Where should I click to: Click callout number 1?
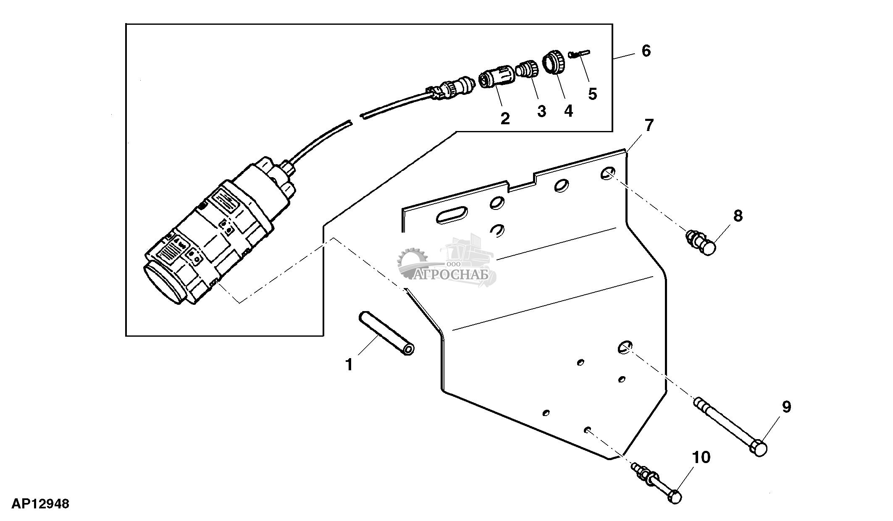pos(349,364)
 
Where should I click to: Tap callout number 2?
pos(505,118)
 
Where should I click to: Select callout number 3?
pos(541,111)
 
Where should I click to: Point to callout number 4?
pos(568,111)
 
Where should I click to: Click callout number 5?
pos(592,94)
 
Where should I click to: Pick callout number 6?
pos(646,51)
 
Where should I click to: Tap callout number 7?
pos(649,125)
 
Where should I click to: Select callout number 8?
pos(738,216)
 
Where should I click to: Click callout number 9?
pos(786,406)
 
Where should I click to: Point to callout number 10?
pos(701,457)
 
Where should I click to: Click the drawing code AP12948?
pos(40,504)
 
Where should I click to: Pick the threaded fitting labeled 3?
pos(527,69)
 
